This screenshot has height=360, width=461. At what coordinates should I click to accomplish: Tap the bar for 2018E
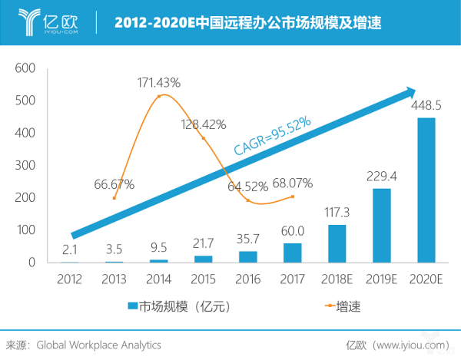[x=337, y=243]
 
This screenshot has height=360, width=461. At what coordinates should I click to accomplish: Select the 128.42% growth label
[x=204, y=124]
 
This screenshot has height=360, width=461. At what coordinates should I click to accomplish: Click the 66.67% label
[x=114, y=184]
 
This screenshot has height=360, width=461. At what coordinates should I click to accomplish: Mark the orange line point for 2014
[x=159, y=96]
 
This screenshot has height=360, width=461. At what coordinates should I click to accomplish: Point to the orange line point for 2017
[x=292, y=197]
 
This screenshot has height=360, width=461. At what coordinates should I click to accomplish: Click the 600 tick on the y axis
[x=25, y=68]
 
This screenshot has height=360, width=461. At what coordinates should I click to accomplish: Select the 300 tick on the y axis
[x=25, y=165]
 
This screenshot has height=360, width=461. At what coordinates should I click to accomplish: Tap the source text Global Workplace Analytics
[x=99, y=345]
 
